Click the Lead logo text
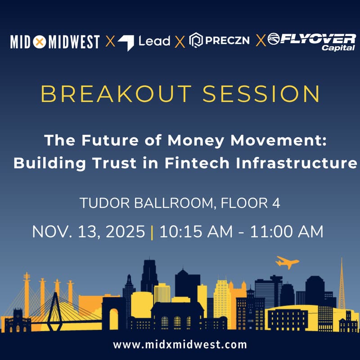coord(154,42)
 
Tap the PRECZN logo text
coord(225,42)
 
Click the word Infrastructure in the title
coord(297,163)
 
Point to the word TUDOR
coord(102,203)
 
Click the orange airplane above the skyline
coord(287,262)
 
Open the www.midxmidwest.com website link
coord(180,345)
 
